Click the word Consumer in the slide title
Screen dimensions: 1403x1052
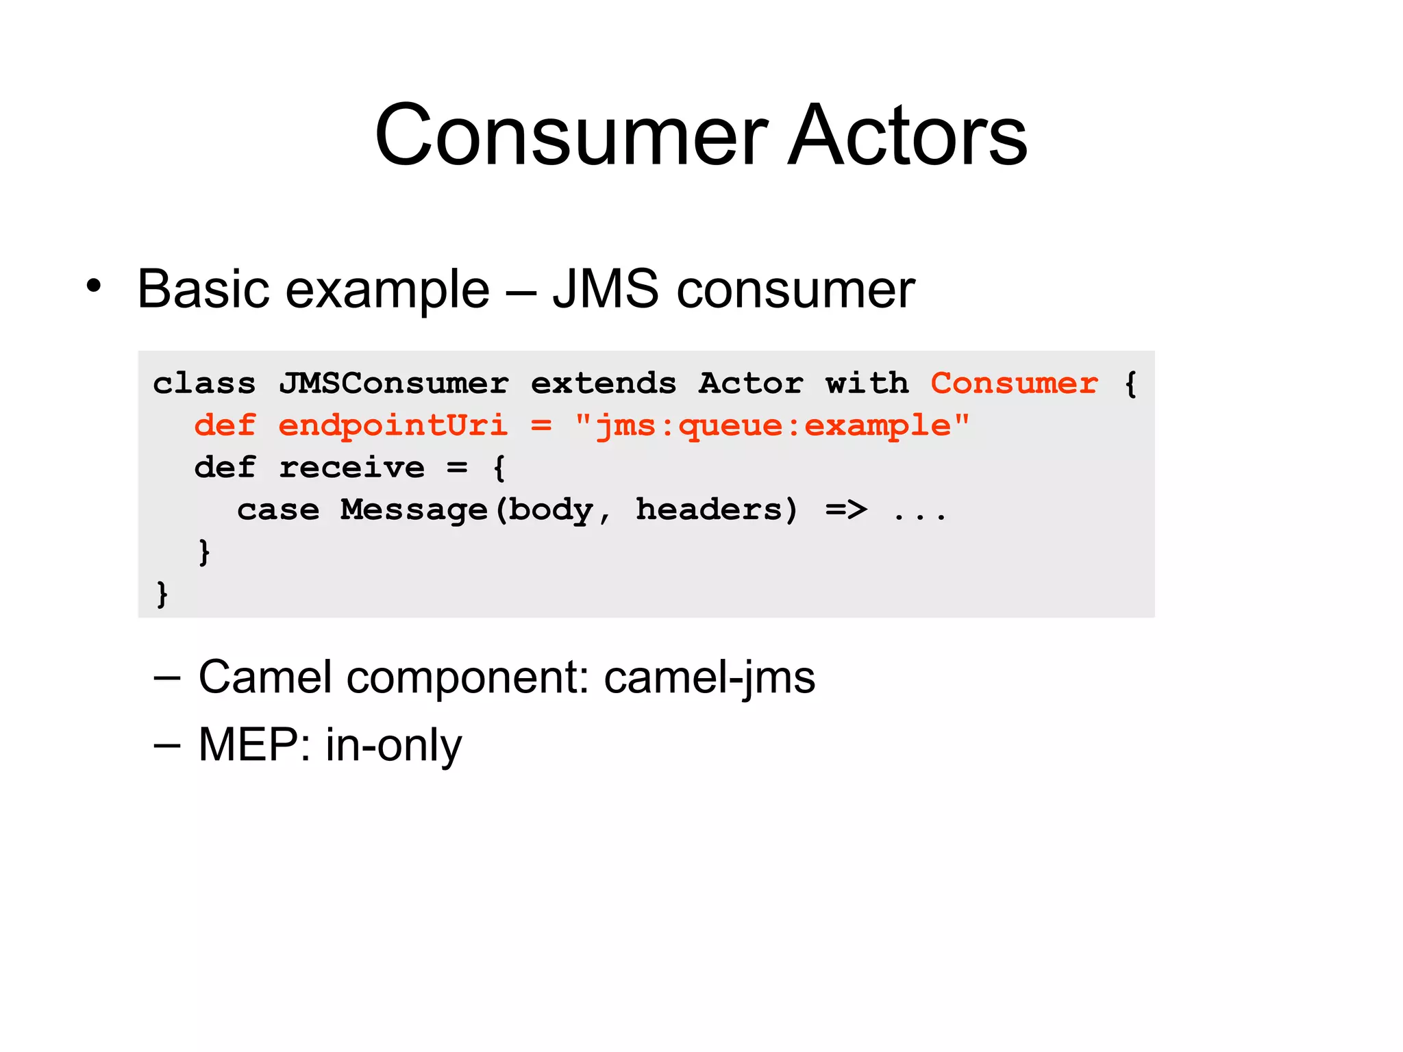click(x=571, y=135)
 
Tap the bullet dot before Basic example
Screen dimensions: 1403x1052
click(x=94, y=286)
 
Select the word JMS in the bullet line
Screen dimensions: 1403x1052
click(x=606, y=289)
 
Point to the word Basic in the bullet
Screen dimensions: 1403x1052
click(x=203, y=289)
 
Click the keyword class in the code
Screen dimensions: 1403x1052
click(x=204, y=383)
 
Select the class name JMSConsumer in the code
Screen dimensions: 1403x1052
click(x=393, y=383)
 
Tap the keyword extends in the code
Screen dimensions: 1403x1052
click(x=604, y=383)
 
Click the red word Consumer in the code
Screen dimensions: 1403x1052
click(x=1014, y=383)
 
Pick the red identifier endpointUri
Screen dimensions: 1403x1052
click(x=393, y=426)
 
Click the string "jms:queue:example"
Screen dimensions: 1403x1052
click(x=772, y=426)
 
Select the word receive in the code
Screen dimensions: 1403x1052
click(x=351, y=468)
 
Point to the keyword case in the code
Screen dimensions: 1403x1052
click(x=278, y=510)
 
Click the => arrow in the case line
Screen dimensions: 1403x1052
click(x=846, y=510)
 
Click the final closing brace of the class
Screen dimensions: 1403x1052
click(x=162, y=594)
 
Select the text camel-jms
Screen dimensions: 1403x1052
click(x=710, y=678)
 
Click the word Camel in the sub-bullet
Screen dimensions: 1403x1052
click(x=265, y=678)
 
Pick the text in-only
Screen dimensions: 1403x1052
click(x=393, y=745)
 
